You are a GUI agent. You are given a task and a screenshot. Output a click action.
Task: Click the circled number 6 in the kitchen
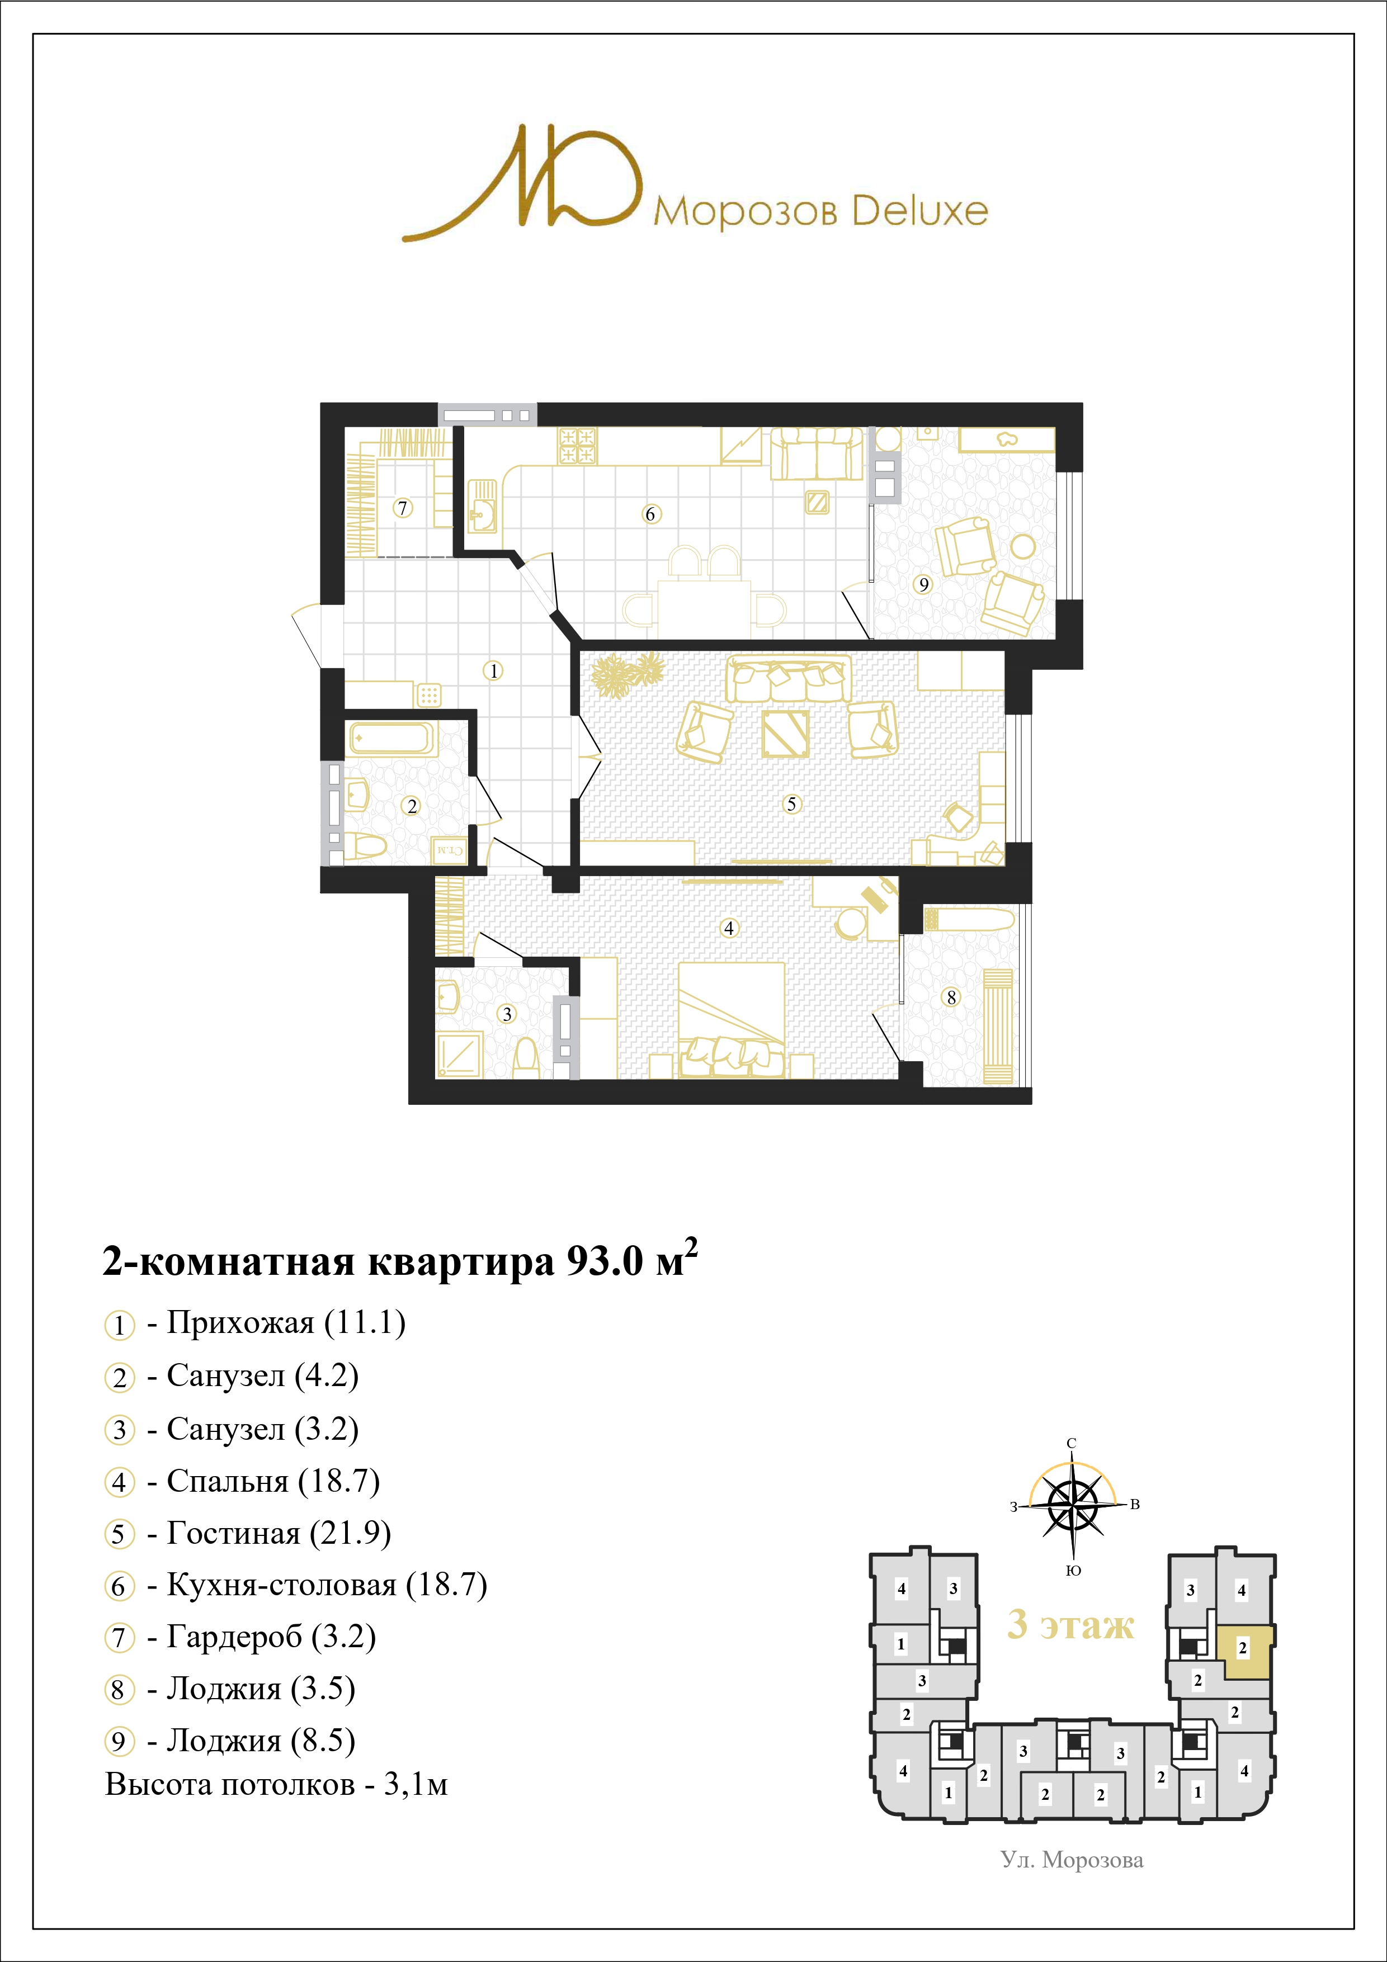(x=650, y=514)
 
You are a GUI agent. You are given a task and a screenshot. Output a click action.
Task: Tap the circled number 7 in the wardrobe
(x=403, y=508)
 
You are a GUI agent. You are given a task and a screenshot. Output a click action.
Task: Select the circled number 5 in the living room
(x=791, y=803)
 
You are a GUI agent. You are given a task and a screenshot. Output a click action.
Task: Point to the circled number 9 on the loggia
(x=923, y=584)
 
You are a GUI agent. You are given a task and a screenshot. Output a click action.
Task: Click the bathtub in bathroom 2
(x=392, y=737)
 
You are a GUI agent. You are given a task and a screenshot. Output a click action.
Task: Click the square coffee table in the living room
(x=785, y=733)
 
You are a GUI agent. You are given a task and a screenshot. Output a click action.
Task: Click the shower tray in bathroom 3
(x=460, y=1055)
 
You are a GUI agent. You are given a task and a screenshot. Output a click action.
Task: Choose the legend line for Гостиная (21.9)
(x=248, y=1533)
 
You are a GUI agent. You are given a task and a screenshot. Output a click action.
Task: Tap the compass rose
(x=1073, y=1507)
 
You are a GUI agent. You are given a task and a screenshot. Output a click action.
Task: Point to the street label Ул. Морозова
(x=1072, y=1860)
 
